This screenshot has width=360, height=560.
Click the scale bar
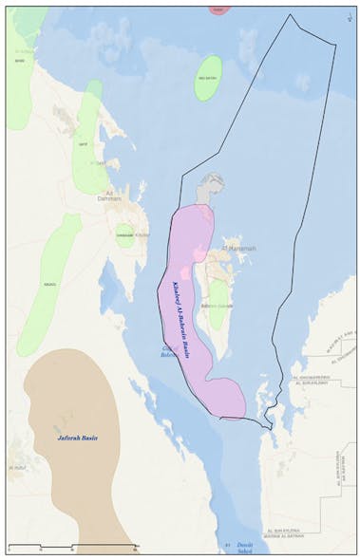(x=72, y=547)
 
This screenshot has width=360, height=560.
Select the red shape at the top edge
(x=218, y=9)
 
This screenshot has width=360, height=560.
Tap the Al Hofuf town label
(x=17, y=468)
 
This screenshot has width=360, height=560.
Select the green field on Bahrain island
(x=218, y=304)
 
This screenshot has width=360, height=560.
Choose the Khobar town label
(x=142, y=233)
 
